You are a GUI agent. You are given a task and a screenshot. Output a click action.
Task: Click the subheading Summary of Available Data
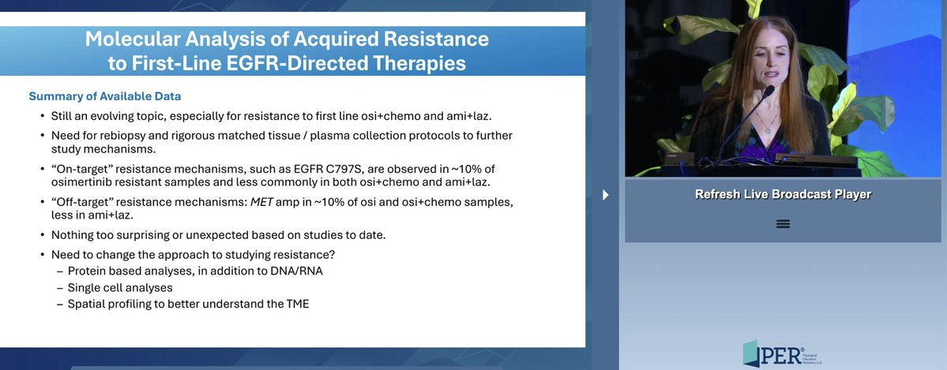click(x=105, y=96)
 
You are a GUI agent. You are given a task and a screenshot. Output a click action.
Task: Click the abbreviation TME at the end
click(x=297, y=304)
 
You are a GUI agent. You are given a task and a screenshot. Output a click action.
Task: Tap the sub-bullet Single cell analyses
click(x=120, y=288)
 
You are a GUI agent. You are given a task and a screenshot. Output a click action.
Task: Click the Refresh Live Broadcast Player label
click(x=783, y=194)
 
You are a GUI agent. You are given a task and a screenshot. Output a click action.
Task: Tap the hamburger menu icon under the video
click(x=783, y=224)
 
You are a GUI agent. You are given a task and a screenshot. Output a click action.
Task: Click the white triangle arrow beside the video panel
click(x=606, y=194)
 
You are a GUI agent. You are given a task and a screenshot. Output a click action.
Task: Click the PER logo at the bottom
click(x=782, y=353)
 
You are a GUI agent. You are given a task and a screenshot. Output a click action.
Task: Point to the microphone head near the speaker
click(x=768, y=92)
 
